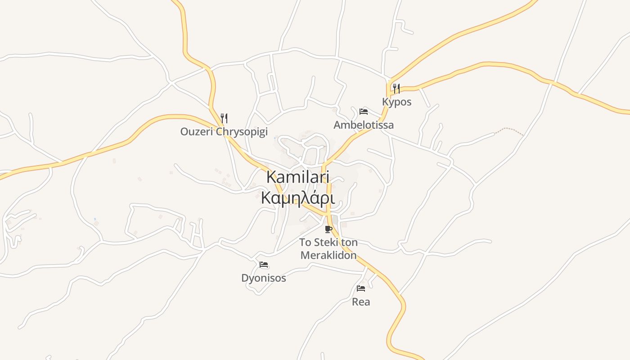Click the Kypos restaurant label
(x=396, y=102)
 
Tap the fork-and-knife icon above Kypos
(x=396, y=89)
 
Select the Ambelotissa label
(x=363, y=125)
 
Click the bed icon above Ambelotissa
(x=364, y=112)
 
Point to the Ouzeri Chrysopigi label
(x=224, y=132)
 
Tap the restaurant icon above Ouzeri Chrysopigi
(x=224, y=118)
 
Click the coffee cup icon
(x=328, y=229)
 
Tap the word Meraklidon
(x=328, y=256)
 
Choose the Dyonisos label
(x=264, y=278)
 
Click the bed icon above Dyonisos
(x=264, y=265)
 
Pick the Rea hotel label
(x=361, y=302)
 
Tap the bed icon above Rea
(x=361, y=288)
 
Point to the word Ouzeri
(x=197, y=132)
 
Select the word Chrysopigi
(x=242, y=132)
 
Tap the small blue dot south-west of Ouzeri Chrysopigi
(x=95, y=219)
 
